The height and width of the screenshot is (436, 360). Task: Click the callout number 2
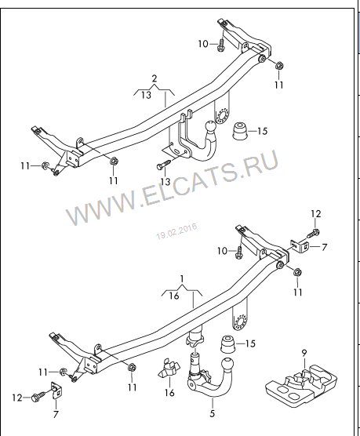point(155,78)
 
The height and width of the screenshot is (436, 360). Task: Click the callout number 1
point(182,279)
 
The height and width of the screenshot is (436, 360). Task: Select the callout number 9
point(304,353)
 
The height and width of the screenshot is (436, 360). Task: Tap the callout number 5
point(213,413)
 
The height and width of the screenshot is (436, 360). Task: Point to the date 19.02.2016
point(176,231)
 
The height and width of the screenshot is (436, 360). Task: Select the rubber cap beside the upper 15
point(239,131)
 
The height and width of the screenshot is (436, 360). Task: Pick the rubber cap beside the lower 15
point(227,344)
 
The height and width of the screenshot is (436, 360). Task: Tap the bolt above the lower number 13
point(163,165)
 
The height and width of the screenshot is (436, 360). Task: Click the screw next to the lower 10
point(239,253)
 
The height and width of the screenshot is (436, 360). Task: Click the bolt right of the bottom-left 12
point(39,397)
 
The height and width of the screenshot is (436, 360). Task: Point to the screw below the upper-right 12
point(314,233)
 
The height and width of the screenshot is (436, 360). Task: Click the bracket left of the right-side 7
point(300,246)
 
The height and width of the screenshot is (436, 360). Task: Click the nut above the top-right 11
point(279,66)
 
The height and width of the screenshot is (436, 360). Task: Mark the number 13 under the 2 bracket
point(146,95)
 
